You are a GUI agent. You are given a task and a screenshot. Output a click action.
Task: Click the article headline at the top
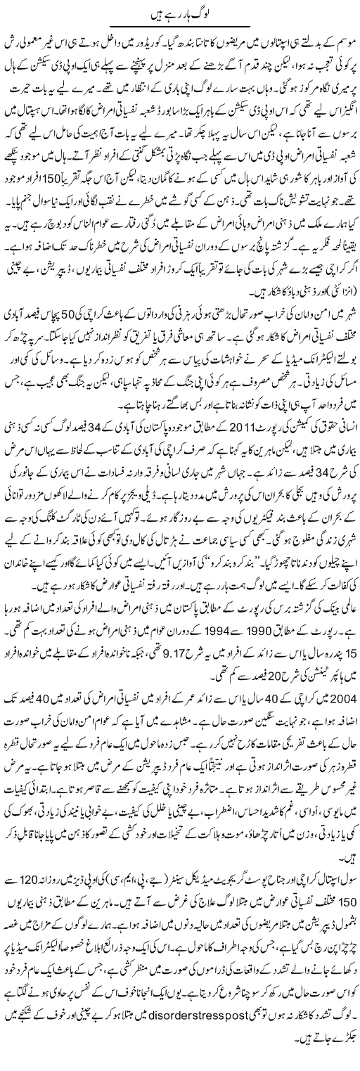click(x=179, y=11)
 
